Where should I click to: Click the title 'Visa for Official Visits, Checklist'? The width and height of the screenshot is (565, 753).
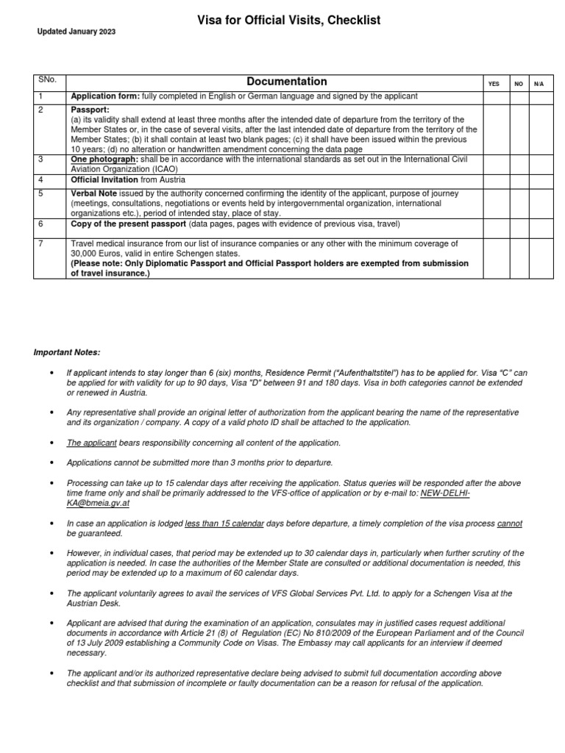coord(288,21)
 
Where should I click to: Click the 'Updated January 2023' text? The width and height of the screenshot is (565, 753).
coord(77,32)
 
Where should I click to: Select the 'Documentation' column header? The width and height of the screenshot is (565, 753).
coord(287,82)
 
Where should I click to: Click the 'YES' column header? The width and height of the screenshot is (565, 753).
coord(494,84)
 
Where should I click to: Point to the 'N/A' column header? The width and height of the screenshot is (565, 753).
coord(539,84)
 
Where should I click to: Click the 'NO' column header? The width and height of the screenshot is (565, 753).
coord(519,84)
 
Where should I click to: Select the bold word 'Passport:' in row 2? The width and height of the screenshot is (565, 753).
coord(89,110)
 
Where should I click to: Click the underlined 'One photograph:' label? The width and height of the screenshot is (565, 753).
coord(103,158)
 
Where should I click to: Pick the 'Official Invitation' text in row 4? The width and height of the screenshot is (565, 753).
coord(104,179)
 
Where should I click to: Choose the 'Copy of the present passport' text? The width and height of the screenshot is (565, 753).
coord(129,224)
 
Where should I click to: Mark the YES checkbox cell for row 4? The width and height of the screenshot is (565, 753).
coord(494,179)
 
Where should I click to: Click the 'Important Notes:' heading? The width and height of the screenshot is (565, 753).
coord(66,352)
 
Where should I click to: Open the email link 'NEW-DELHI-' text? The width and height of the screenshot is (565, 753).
coord(444,493)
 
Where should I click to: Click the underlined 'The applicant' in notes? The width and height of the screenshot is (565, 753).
coord(88,443)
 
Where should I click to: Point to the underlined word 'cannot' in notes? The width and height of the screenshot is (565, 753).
coord(509,523)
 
